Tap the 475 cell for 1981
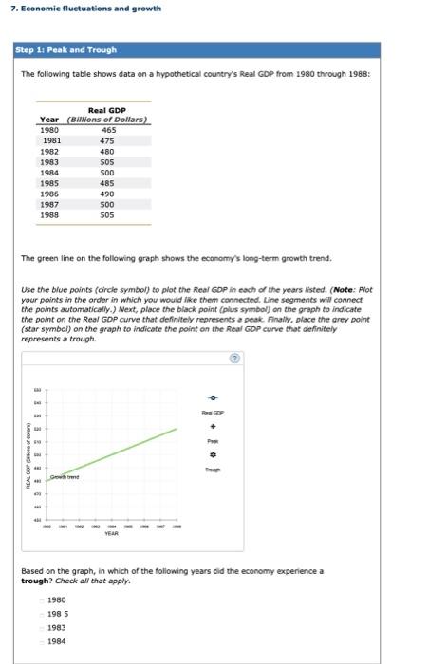pos(107,139)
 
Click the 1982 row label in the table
pos(49,151)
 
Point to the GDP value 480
pos(107,151)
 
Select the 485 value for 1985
pos(107,184)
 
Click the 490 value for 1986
pos(107,194)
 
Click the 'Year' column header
pos(49,119)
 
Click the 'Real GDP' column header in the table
pos(107,111)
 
